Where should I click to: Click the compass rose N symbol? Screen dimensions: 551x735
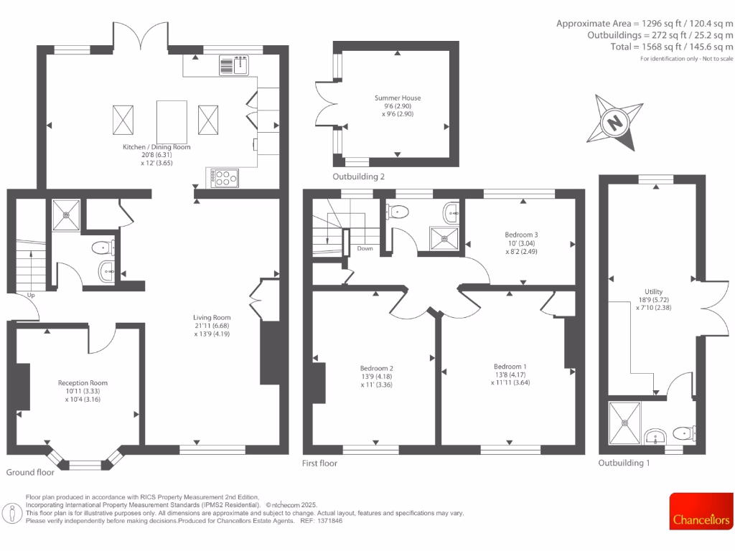(x=615, y=123)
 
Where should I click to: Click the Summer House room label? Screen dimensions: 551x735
(x=397, y=98)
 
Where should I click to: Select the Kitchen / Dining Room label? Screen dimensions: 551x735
(x=156, y=147)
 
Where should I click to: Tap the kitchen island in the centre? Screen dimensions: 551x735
(x=169, y=119)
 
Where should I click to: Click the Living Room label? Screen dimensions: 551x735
(x=211, y=318)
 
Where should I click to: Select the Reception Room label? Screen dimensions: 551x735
(x=83, y=383)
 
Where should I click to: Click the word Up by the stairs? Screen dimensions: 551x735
(x=30, y=295)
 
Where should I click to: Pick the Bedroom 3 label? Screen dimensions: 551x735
(x=521, y=235)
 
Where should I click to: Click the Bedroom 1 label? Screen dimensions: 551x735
(x=510, y=366)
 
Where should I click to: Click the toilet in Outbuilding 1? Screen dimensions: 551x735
(x=684, y=432)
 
